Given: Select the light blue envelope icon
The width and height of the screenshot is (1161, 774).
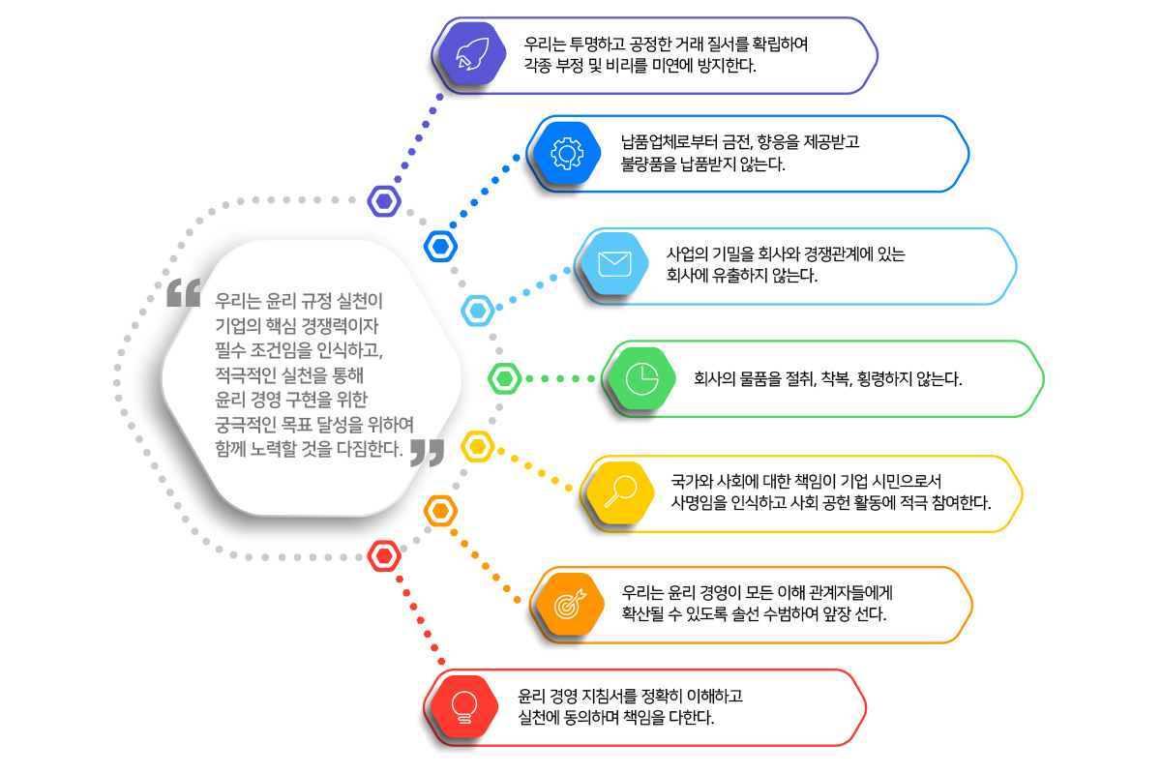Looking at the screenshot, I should point(614,265).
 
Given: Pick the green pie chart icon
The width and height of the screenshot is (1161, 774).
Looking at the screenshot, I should point(641,378).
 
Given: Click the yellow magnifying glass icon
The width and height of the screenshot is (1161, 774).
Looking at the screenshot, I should point(618,492).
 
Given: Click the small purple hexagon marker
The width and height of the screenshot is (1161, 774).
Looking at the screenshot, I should point(385,201).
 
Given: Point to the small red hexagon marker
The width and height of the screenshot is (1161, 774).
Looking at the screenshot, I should point(385,556).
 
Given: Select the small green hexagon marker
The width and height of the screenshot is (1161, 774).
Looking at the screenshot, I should point(505,378).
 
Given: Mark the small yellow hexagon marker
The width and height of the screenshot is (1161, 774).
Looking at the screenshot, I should point(478,447).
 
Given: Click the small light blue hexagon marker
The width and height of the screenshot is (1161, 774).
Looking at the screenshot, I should point(478,310).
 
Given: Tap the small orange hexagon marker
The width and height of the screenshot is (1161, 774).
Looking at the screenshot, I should point(440,510).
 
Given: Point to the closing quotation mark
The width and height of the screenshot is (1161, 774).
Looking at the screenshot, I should point(427,453).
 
